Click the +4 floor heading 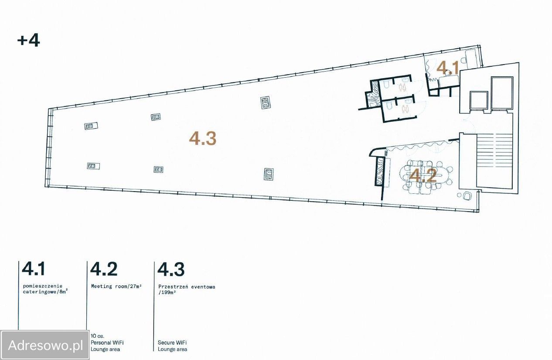[x=29, y=41]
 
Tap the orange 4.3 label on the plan [x=203, y=138]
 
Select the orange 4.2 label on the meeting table [x=423, y=175]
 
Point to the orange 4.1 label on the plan [x=447, y=68]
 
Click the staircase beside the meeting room [x=494, y=161]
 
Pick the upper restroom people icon [x=403, y=88]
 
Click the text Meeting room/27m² [x=116, y=286]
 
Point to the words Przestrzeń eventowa [x=187, y=287]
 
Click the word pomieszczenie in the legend [x=43, y=286]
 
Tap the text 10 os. [x=97, y=336]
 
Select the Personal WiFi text [x=107, y=343]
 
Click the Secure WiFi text [x=172, y=343]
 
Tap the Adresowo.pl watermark [x=45, y=345]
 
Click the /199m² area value [x=167, y=292]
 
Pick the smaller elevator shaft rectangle [x=479, y=100]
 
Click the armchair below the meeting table [x=467, y=196]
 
